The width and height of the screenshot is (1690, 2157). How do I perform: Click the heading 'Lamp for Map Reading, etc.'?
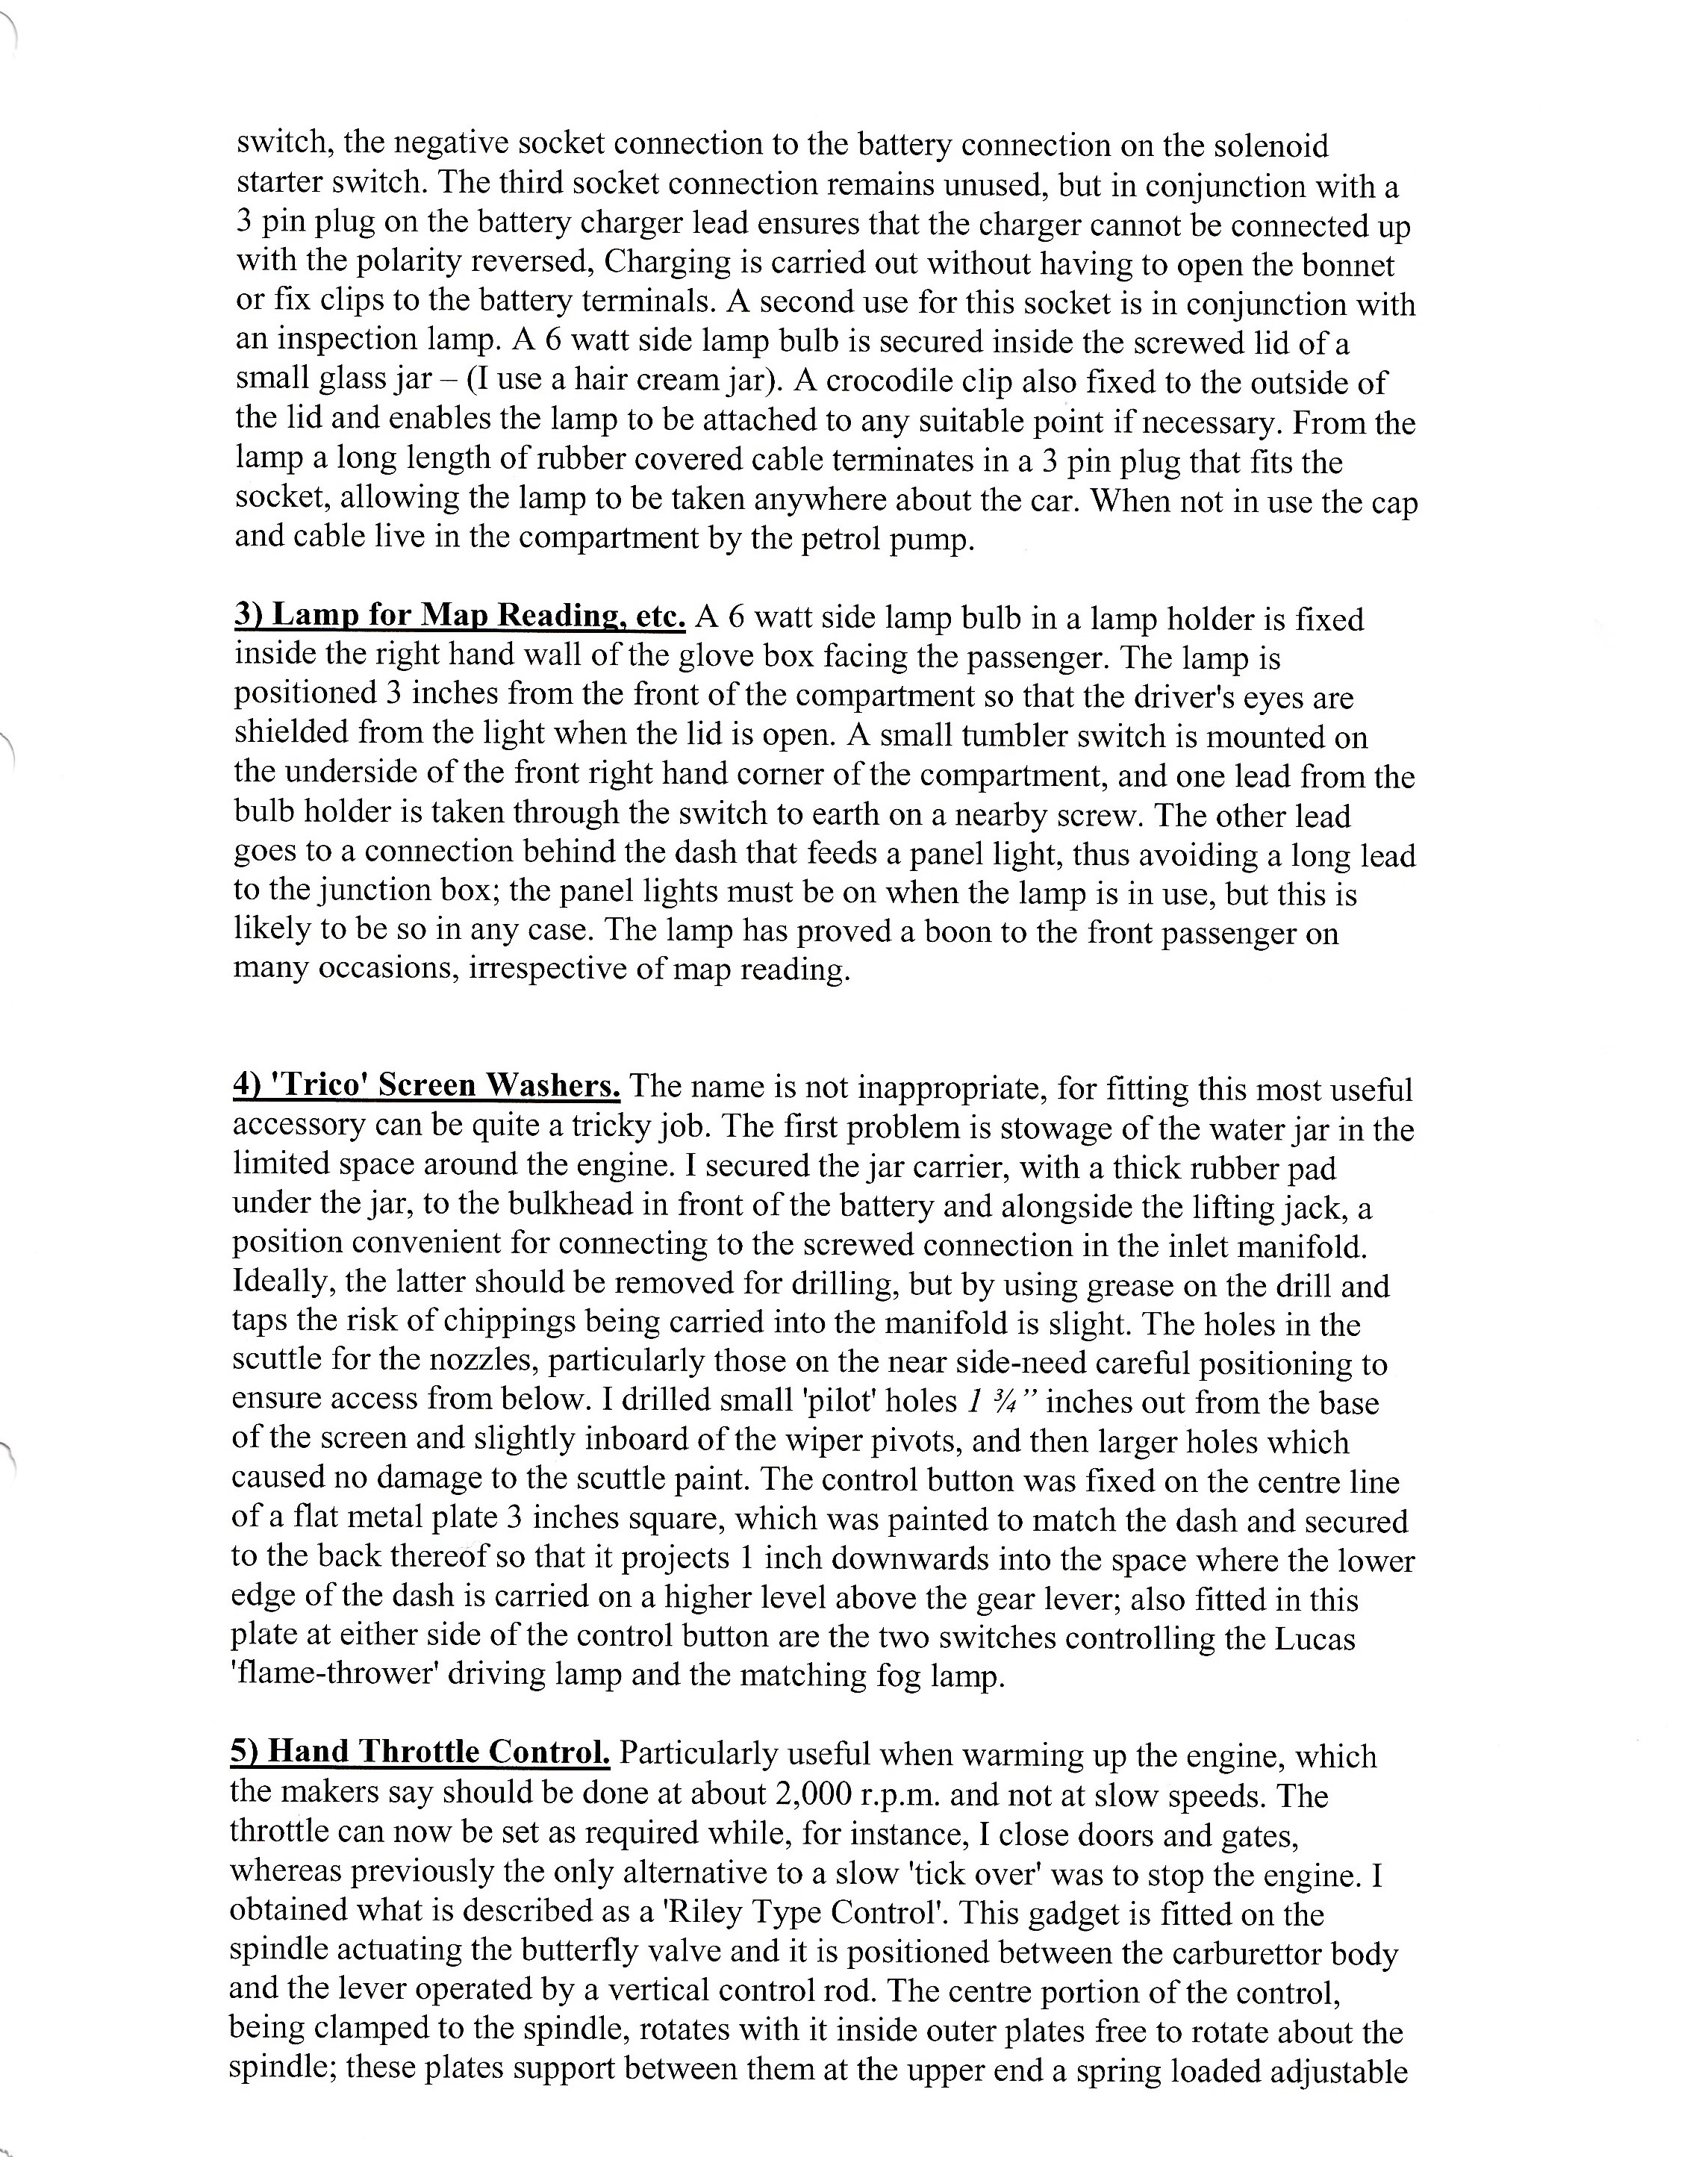(459, 616)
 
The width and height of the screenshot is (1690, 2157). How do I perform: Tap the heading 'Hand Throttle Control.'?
(420, 1752)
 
